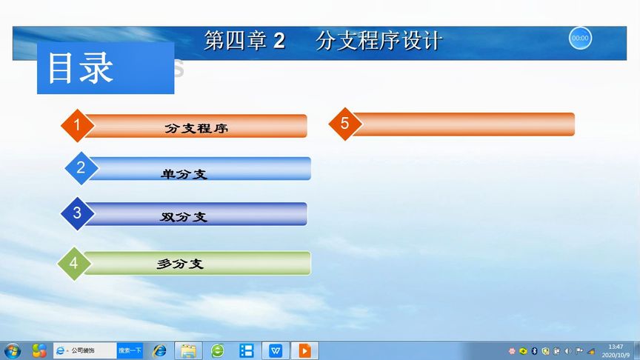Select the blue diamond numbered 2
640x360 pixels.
pos(81,168)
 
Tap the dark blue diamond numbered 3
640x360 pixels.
pos(77,214)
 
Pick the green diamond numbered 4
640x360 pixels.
pos(73,263)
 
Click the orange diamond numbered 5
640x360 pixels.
pos(344,124)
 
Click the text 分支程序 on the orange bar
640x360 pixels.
pos(196,127)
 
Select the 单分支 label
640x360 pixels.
pos(184,174)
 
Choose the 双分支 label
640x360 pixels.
pos(184,217)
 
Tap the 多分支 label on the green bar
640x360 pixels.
pos(180,263)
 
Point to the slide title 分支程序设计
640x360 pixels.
pos(378,41)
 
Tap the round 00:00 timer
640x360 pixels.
pos(580,38)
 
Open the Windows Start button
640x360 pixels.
pos(13,350)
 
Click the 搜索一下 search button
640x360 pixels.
pos(130,350)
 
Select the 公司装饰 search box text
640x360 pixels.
pos(86,350)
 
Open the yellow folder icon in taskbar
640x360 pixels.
pos(188,350)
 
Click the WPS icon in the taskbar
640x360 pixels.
pos(276,350)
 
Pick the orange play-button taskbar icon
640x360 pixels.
pos(304,350)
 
